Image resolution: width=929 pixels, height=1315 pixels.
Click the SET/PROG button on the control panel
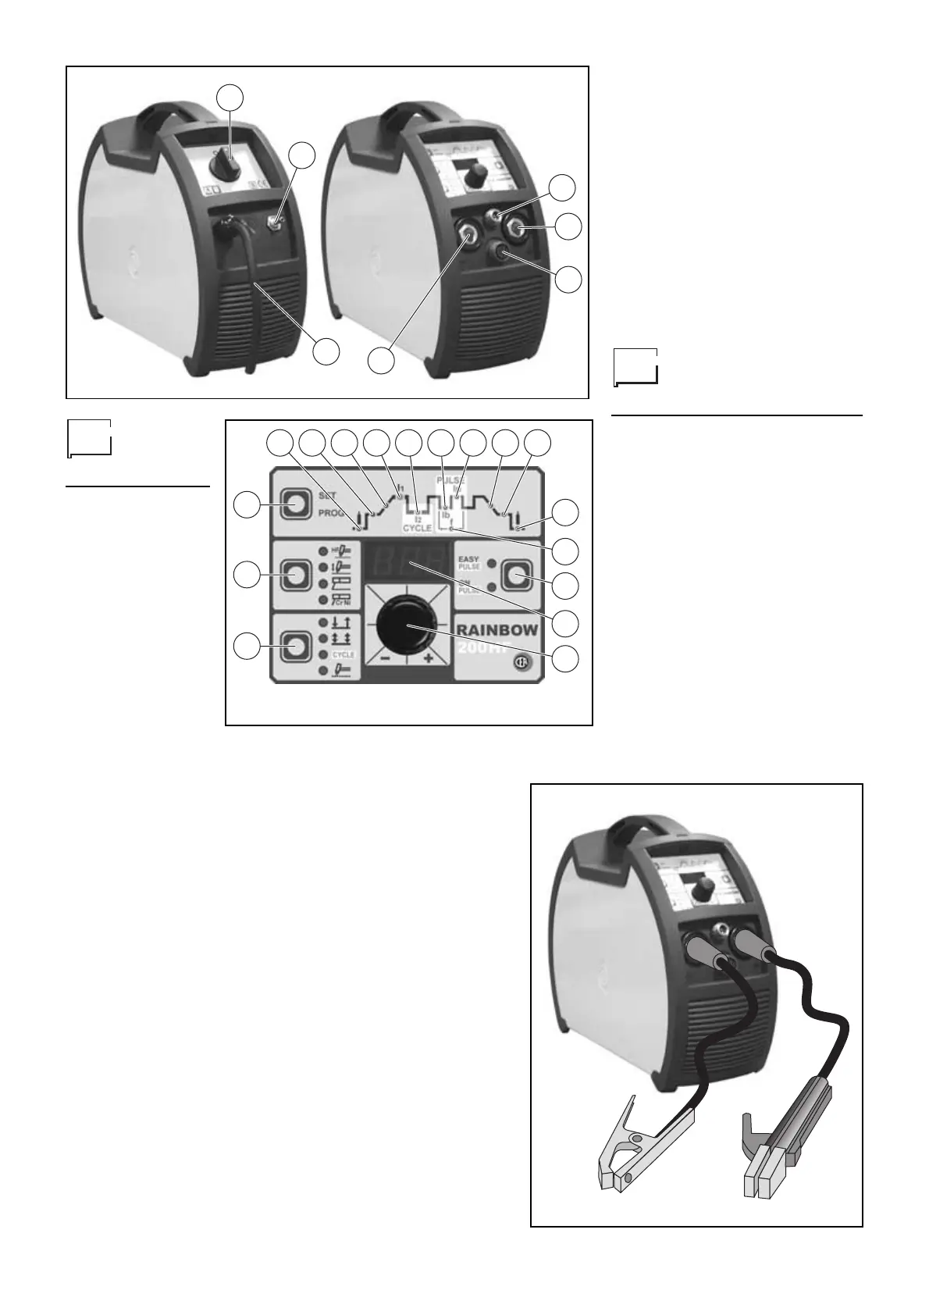[x=295, y=505]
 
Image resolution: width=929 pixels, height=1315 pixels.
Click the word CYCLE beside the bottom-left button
[x=343, y=655]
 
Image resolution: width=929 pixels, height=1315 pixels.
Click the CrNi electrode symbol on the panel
[x=342, y=599]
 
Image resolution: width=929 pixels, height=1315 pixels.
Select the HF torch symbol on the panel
[x=342, y=551]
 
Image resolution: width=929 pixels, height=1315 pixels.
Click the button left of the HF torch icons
[x=295, y=575]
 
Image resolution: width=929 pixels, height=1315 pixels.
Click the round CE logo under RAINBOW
[x=520, y=662]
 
